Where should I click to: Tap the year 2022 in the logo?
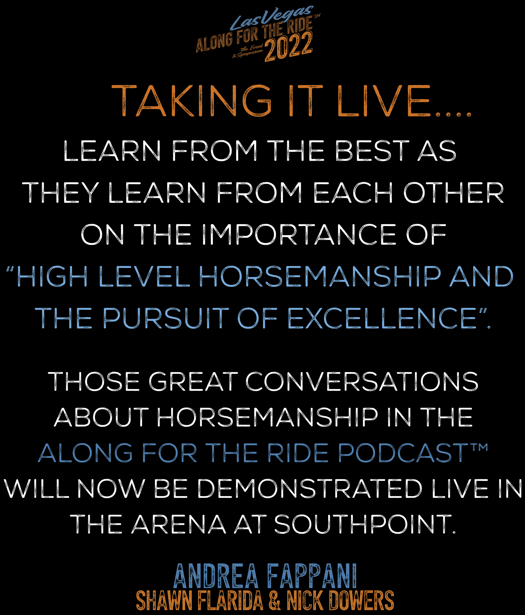click(288, 47)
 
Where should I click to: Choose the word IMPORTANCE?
click(299, 235)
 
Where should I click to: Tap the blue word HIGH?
click(52, 276)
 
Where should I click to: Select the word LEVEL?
click(144, 276)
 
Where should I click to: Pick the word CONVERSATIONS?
click(362, 382)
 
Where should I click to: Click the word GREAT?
click(193, 382)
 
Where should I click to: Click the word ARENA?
click(179, 524)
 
